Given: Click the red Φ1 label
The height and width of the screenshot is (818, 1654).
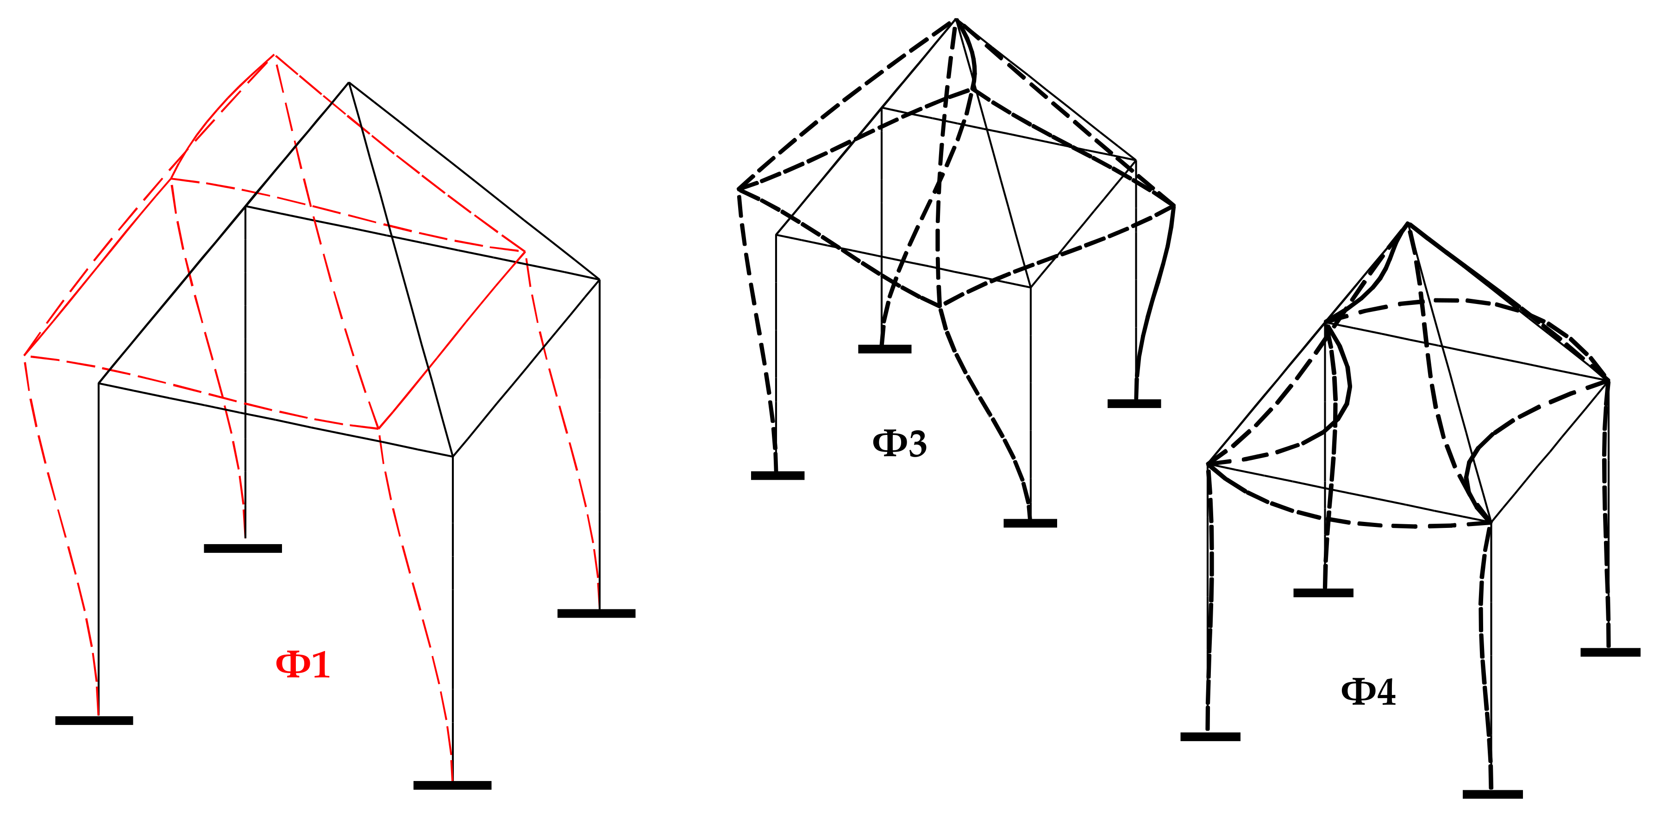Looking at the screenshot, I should [x=302, y=665].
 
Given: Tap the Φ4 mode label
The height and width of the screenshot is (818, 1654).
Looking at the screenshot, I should [x=1368, y=692].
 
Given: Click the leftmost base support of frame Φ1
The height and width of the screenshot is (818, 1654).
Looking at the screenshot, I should [x=94, y=720].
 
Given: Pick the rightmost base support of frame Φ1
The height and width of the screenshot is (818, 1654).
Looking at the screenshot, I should [x=596, y=613].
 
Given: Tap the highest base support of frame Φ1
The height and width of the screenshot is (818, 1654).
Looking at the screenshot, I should [x=243, y=549].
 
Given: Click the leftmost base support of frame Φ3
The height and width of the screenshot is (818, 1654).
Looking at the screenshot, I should [x=777, y=476].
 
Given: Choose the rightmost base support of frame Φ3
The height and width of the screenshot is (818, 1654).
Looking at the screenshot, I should [x=1134, y=403].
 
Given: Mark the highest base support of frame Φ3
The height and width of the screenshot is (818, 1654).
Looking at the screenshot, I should [x=885, y=349].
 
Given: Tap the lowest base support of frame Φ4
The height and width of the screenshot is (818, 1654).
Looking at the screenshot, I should [x=1492, y=794].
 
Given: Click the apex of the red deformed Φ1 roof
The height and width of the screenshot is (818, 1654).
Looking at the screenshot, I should [x=275, y=56].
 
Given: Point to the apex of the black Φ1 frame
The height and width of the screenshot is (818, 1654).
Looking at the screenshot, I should [x=349, y=83].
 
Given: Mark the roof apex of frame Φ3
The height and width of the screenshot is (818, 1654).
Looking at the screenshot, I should [x=956, y=20].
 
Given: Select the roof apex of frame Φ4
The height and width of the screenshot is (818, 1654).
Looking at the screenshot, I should [x=1408, y=223].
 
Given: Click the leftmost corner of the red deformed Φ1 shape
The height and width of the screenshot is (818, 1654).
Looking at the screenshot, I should [x=25, y=355].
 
